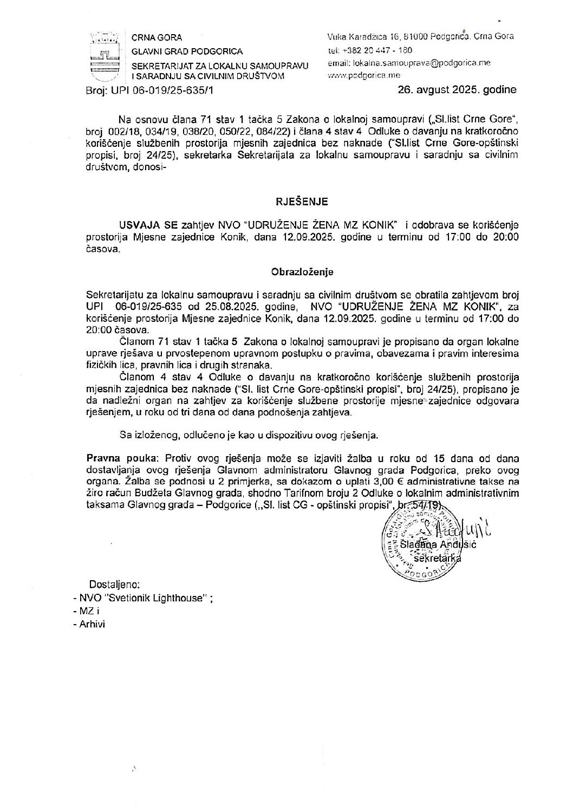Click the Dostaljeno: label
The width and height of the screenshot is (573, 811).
[114, 585]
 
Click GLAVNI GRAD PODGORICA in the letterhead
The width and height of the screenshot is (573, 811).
[188, 51]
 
